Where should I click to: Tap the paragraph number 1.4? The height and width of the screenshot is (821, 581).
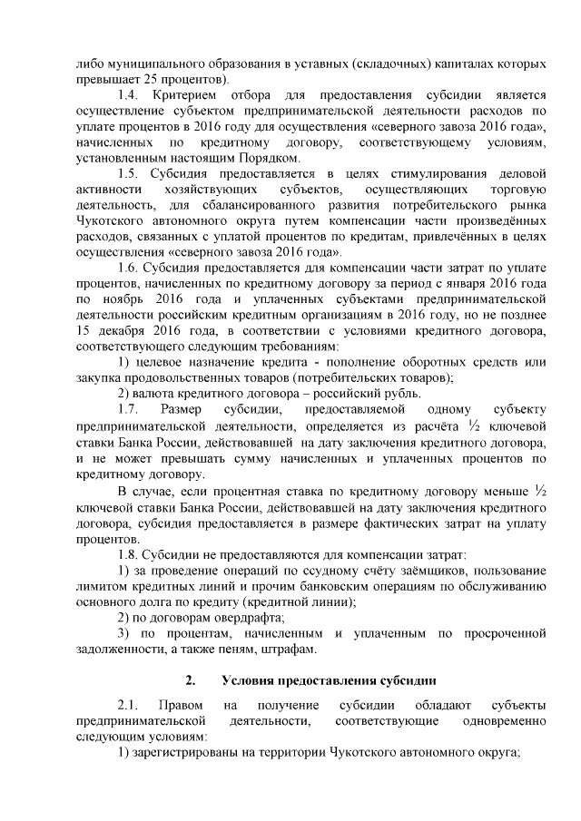[132, 95]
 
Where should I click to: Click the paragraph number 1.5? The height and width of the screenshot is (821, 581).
[132, 174]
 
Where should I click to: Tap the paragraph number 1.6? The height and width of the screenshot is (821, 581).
[132, 269]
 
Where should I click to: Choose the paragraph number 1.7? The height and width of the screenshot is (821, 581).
[132, 410]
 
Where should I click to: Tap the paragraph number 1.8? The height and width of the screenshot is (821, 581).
[132, 552]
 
